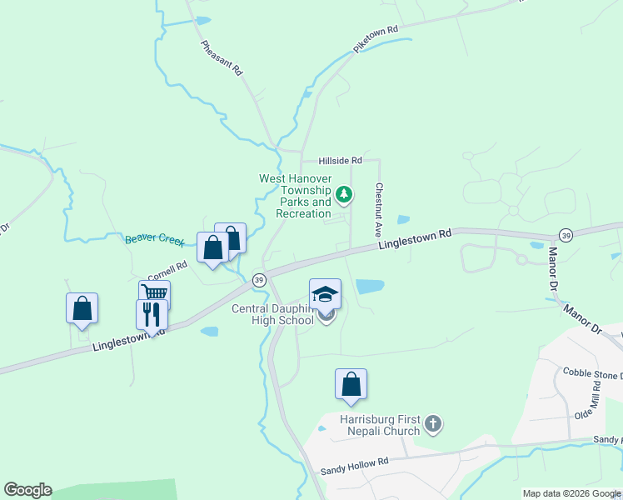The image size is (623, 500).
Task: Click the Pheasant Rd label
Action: pos(222,59)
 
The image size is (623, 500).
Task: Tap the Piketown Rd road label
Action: pos(376,40)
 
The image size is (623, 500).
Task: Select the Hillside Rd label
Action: pos(341,160)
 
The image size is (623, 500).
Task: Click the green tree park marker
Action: pos(344,196)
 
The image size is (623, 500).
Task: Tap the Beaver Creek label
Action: pos(154,240)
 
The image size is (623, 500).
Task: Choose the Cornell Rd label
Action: pos(167,272)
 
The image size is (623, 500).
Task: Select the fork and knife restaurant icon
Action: pos(152,314)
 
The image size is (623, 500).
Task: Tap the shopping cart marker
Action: pos(155,293)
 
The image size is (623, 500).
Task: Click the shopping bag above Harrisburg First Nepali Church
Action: pos(351,385)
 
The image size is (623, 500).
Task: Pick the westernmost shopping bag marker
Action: pos(82,308)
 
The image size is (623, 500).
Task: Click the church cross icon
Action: pos(432,425)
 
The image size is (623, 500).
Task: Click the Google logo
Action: pos(27,490)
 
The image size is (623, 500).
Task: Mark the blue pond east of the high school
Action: pos(370,287)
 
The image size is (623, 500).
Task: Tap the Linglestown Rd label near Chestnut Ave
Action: pos(414,239)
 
